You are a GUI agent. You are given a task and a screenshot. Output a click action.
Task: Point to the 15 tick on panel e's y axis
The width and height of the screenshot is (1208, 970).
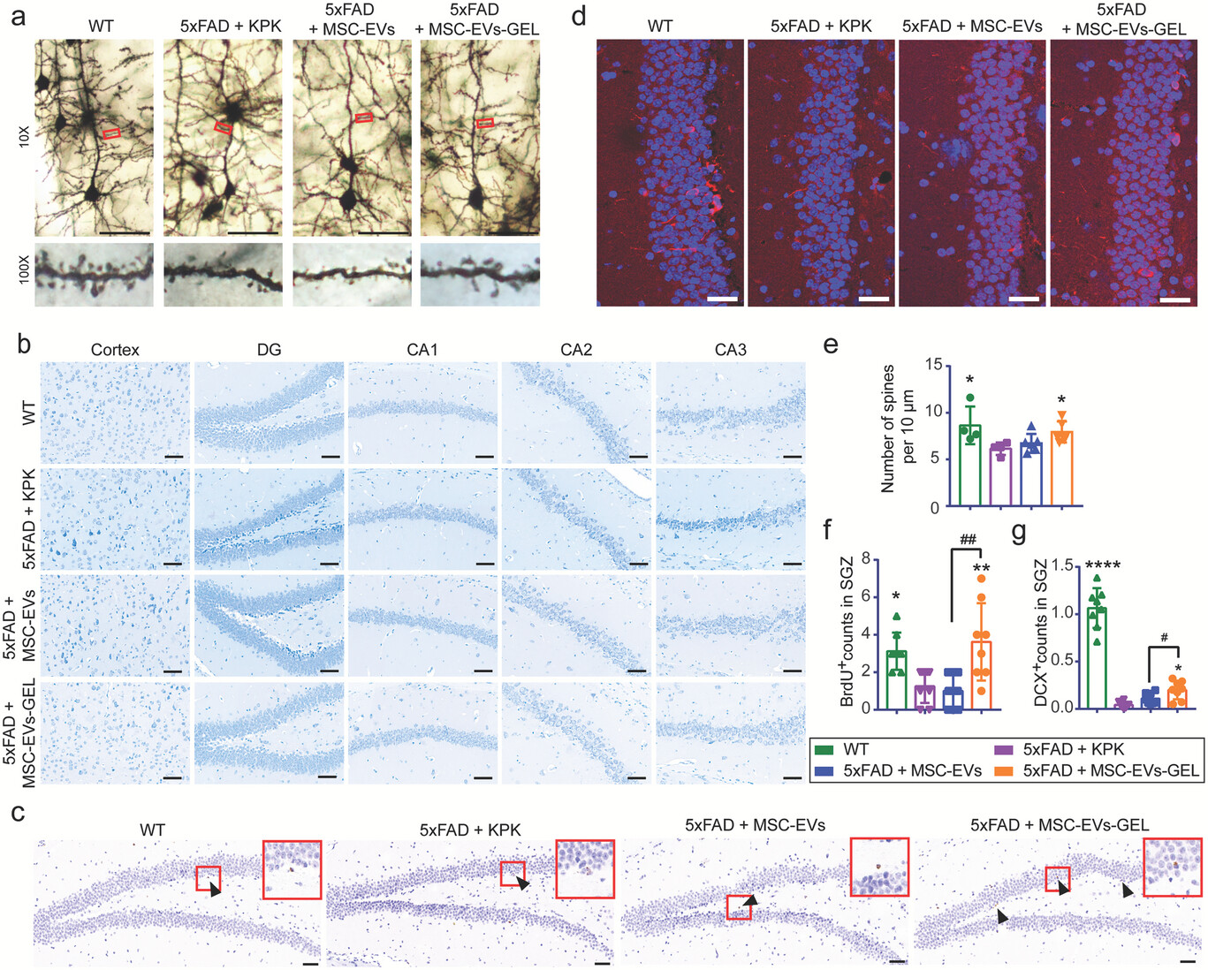coord(933,365)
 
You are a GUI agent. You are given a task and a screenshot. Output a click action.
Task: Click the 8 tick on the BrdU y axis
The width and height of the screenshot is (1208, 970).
coord(866,559)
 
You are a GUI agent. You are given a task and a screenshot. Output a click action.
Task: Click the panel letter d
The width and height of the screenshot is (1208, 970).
coord(579,16)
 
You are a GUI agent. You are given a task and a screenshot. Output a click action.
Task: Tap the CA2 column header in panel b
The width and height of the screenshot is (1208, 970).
coord(576,350)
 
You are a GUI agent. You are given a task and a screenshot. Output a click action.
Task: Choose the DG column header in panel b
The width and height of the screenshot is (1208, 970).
coord(269,350)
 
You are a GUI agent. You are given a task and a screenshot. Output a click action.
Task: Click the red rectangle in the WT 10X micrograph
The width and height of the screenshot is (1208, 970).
coord(111,133)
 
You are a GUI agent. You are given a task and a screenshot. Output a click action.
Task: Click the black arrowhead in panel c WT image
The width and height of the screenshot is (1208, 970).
coord(216,892)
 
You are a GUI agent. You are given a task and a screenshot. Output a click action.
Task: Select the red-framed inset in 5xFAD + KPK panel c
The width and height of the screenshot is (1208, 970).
coord(584,868)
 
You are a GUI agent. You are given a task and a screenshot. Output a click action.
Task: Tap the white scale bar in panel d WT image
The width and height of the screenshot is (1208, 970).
coord(722,299)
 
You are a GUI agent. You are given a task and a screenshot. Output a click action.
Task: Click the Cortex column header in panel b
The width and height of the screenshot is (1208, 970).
coord(115,350)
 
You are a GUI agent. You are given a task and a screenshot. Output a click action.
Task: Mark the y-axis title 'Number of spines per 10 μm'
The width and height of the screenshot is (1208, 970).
coord(899,428)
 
